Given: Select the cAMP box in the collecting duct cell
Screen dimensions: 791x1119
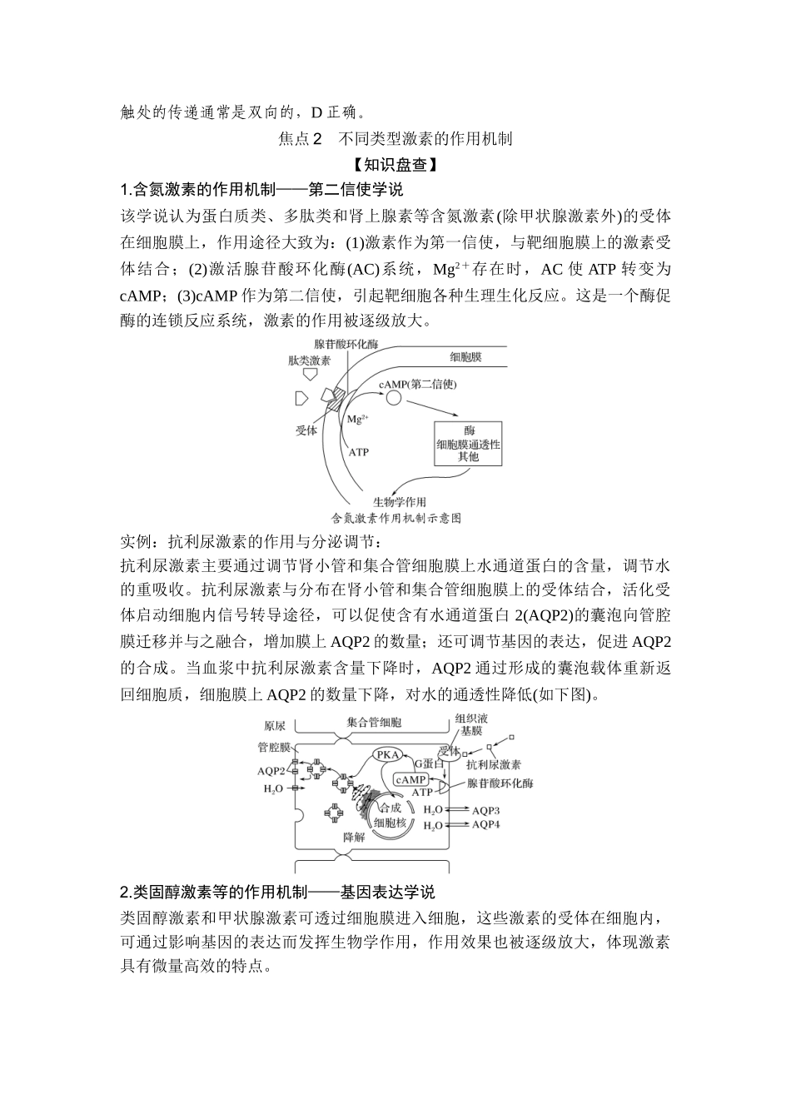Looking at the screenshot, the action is pyautogui.click(x=410, y=780).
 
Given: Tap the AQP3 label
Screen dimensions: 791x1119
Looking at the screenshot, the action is pyautogui.click(x=485, y=810).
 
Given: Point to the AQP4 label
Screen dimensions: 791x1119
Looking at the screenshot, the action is pyautogui.click(x=485, y=825).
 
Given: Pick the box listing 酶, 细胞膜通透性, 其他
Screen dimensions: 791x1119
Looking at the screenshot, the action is pyautogui.click(x=469, y=444).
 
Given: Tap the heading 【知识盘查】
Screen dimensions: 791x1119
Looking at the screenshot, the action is pyautogui.click(x=395, y=165).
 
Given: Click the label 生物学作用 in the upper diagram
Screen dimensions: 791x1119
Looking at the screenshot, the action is pyautogui.click(x=398, y=501).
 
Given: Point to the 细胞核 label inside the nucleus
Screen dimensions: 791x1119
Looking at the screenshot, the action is pyautogui.click(x=390, y=822).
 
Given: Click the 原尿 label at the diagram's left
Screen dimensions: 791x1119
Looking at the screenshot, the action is pyautogui.click(x=275, y=725).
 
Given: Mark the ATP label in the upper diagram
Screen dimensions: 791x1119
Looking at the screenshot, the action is pyautogui.click(x=358, y=452).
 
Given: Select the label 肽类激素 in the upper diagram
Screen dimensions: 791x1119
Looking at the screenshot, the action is pyautogui.click(x=310, y=361).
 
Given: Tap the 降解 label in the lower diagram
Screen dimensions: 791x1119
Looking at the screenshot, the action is pyautogui.click(x=354, y=837).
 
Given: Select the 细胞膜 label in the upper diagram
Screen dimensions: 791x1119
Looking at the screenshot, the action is pyautogui.click(x=466, y=357).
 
